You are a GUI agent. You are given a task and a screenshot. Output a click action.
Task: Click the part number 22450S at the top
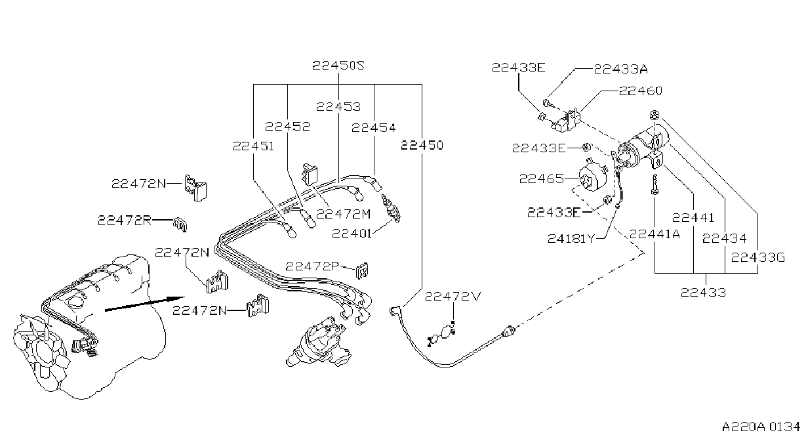point(338,66)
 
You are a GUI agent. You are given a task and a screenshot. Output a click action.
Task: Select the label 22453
point(338,107)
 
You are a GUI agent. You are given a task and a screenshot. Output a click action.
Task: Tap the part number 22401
point(352,234)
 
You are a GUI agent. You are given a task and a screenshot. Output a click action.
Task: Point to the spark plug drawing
point(392,208)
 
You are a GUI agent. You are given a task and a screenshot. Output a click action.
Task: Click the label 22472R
point(125,220)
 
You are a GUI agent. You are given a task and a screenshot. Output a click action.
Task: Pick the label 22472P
point(312,266)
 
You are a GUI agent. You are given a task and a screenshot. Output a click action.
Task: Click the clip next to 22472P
point(362,270)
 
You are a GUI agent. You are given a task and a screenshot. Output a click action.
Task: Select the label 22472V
point(453,297)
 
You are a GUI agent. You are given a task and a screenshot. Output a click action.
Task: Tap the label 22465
point(542,178)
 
